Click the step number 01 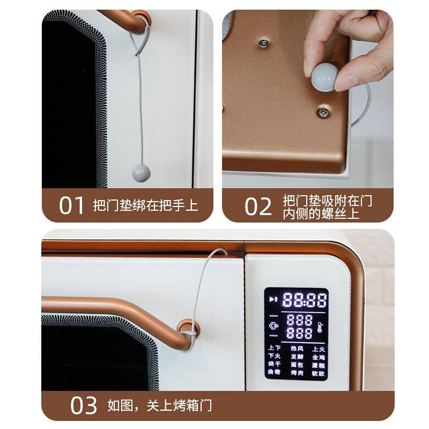pos(72,206)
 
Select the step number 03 pos(84,405)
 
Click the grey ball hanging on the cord pos(141,173)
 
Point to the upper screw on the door pos(264,42)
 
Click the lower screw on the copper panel pos(324,112)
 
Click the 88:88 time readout pos(305,299)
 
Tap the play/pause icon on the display pos(273,299)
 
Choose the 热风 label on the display pos(297,349)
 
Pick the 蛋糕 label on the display pos(319,365)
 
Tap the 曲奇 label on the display pos(275,372)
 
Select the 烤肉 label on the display pos(297,372)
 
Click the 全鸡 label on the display pos(319,357)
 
